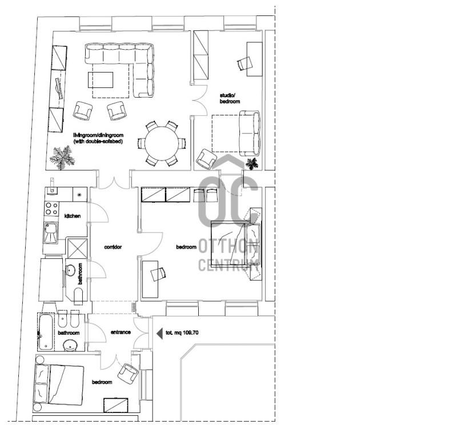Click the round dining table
click(x=162, y=143)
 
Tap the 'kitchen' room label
click(x=73, y=216)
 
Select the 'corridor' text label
click(x=113, y=247)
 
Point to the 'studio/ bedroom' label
click(x=230, y=98)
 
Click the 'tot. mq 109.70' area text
click(x=182, y=332)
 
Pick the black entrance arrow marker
click(x=160, y=333)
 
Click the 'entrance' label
click(x=121, y=332)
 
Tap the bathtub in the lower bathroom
click(x=46, y=332)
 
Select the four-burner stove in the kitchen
click(x=51, y=209)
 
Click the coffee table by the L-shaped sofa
click(x=101, y=80)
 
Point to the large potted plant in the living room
click(x=62, y=158)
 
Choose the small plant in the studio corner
click(x=252, y=163)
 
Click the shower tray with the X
click(x=77, y=248)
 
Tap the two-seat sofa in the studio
click(x=250, y=133)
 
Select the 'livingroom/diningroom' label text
click(x=98, y=135)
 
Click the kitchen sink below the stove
click(x=51, y=232)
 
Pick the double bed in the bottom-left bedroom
click(x=60, y=384)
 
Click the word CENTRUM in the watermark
click(x=228, y=265)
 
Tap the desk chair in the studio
click(x=245, y=63)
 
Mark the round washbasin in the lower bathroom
click(x=70, y=346)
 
